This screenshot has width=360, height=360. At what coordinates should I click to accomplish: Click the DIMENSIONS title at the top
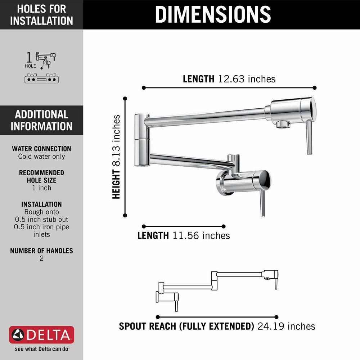tap(213, 14)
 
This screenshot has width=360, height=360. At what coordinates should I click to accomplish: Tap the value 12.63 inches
tap(247, 79)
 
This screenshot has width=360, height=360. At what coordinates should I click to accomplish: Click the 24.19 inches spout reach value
tap(286, 326)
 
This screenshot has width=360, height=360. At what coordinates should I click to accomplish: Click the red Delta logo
tap(41, 336)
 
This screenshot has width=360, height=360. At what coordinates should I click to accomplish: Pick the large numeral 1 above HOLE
tap(28, 58)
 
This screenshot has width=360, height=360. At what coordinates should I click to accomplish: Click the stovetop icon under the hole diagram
tap(41, 78)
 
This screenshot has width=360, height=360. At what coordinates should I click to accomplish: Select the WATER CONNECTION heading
tap(41, 149)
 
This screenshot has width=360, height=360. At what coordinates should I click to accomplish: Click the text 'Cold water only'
tap(41, 157)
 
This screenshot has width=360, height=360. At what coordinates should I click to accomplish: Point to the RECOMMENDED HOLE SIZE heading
tap(41, 176)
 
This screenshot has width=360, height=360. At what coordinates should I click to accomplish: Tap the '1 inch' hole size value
tap(41, 188)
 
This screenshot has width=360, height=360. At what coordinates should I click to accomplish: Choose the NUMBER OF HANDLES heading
tap(41, 251)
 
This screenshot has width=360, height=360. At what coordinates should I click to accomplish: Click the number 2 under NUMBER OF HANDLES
tap(41, 258)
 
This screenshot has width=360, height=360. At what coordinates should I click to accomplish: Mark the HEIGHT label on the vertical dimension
tap(116, 184)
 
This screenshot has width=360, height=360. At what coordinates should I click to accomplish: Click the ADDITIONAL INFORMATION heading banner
tap(41, 120)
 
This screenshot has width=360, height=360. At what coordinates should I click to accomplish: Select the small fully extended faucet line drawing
tap(217, 290)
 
